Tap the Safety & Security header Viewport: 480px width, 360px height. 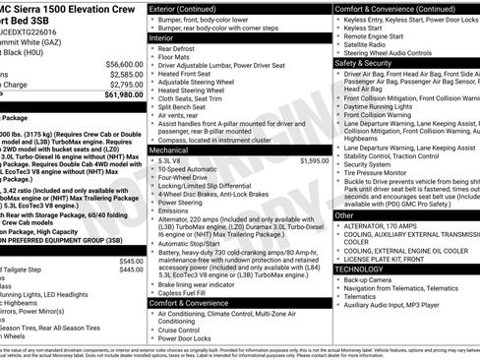369,62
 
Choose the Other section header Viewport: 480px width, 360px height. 344,214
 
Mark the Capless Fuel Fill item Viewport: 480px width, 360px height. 186,292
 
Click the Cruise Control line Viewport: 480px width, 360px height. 184,327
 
